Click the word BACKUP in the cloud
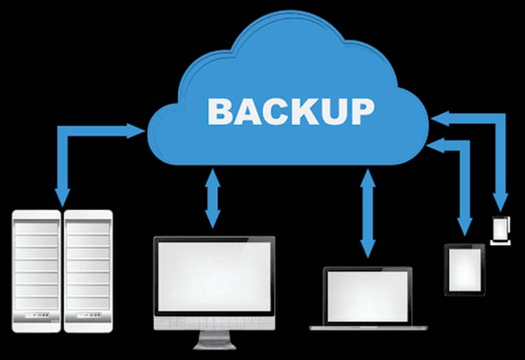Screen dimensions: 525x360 point(290,112)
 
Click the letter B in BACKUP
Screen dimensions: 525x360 point(220,112)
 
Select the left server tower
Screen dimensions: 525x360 point(36,271)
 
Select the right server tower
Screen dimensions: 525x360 point(88,271)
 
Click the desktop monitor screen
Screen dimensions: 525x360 point(214,276)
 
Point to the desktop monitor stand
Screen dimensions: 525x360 point(214,340)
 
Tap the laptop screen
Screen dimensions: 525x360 point(368,296)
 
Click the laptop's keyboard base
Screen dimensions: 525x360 point(368,328)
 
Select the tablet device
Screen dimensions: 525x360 point(464,270)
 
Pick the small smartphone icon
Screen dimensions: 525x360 point(501,231)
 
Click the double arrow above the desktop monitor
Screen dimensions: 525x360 point(213,198)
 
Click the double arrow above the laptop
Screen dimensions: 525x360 point(368,213)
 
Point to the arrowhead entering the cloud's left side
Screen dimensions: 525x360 point(136,131)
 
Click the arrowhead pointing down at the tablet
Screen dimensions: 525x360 point(464,227)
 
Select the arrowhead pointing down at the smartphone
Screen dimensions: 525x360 point(501,202)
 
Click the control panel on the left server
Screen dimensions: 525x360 point(38,315)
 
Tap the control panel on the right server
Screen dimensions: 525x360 point(89,315)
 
